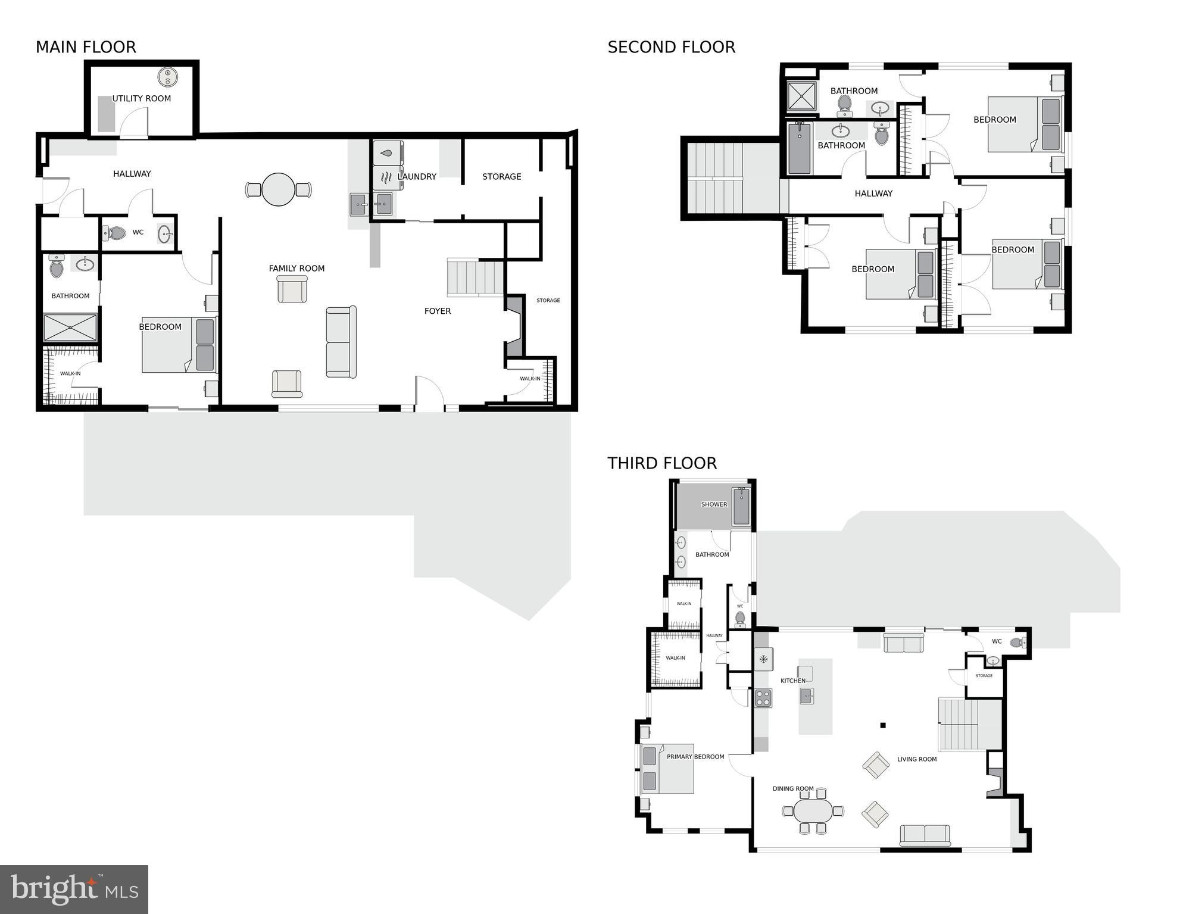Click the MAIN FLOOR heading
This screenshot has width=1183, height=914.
(86, 47)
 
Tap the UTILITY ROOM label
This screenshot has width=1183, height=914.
(142, 98)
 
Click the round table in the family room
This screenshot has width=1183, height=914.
(278, 189)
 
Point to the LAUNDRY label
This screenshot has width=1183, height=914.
(417, 176)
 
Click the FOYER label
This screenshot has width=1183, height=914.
(437, 311)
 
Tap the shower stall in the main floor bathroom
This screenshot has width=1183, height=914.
(70, 327)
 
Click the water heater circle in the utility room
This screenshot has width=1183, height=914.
(168, 77)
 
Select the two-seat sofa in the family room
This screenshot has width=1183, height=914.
(341, 342)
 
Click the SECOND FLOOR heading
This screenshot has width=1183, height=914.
(671, 47)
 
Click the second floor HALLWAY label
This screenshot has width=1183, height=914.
(873, 193)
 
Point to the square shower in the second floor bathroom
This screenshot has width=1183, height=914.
(802, 96)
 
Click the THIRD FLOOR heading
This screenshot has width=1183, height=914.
(661, 463)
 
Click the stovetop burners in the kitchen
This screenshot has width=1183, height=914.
(763, 697)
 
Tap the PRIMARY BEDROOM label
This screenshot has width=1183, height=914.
(695, 756)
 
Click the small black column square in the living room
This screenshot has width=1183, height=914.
(883, 725)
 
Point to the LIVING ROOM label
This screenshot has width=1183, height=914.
(916, 759)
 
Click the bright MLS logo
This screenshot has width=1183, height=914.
(74, 888)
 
